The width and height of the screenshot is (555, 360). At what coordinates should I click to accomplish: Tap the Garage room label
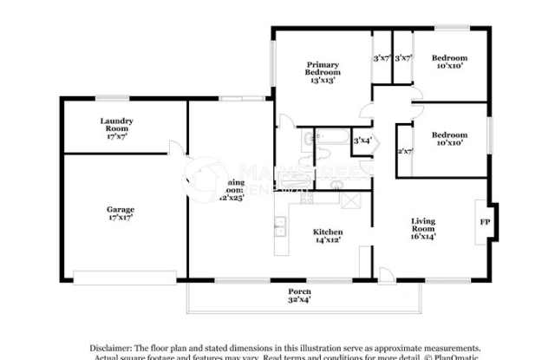(120, 209)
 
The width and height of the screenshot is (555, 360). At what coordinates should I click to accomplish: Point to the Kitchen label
(328, 232)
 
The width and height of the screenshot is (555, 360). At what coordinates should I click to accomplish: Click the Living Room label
(429, 226)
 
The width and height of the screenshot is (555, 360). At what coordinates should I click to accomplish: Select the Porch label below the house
(299, 291)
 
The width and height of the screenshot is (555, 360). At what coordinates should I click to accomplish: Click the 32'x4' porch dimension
(299, 299)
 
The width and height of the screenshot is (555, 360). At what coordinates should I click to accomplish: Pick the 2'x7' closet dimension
(405, 151)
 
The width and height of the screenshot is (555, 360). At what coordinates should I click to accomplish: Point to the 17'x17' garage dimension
(120, 219)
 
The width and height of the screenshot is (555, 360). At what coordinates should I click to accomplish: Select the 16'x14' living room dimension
(429, 236)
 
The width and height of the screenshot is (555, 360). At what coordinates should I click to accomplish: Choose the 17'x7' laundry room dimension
(116, 137)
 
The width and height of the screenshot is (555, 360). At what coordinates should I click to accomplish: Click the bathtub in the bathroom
(332, 136)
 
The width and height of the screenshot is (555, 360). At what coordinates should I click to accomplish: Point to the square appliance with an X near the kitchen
(351, 199)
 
